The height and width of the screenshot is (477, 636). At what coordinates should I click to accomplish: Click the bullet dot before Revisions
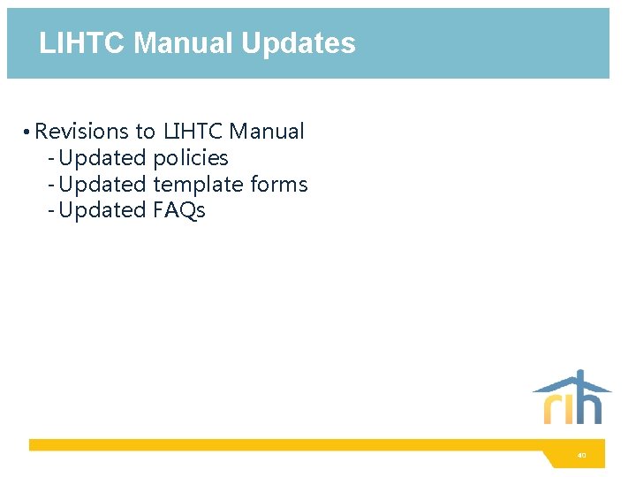[x=29, y=132]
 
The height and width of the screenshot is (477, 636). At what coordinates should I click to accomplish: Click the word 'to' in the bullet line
[x=145, y=132]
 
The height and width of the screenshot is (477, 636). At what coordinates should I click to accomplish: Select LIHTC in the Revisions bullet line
[x=193, y=132]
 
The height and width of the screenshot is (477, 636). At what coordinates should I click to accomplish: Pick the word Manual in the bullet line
[x=267, y=132]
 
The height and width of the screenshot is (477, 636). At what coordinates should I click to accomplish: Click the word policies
[x=191, y=158]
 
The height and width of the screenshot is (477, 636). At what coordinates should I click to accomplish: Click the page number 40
[x=581, y=456]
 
